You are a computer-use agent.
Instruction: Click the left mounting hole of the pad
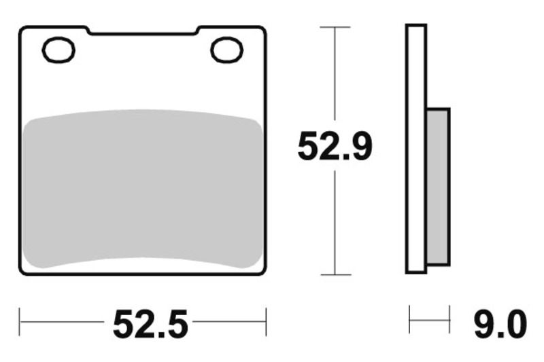click(59, 50)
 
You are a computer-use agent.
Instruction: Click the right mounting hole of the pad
click(226, 50)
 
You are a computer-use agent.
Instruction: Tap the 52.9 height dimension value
click(335, 147)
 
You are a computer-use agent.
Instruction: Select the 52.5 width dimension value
click(150, 324)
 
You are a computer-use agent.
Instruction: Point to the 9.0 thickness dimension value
click(500, 324)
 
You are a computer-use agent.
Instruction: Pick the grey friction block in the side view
click(438, 186)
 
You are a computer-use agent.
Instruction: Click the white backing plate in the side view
click(415, 149)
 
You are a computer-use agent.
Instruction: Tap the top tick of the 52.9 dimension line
click(335, 27)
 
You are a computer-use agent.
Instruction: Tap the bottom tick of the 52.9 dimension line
click(335, 275)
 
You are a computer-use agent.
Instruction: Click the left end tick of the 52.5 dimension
click(20, 321)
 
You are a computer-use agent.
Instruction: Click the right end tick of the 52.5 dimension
click(266, 321)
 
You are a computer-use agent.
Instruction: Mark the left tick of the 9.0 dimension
click(410, 320)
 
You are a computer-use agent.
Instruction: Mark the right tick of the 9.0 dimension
click(449, 320)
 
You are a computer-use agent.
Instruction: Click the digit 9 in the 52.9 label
click(359, 147)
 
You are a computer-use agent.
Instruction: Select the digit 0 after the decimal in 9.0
click(515, 324)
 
